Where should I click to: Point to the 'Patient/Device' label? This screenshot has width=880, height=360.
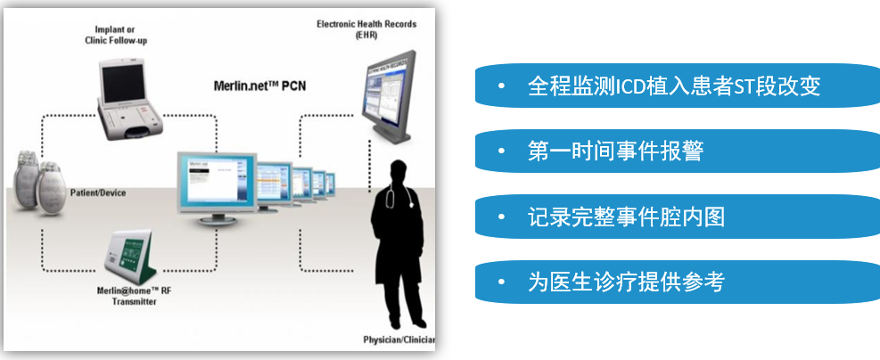(97, 192)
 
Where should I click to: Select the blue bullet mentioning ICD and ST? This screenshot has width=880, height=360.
(674, 86)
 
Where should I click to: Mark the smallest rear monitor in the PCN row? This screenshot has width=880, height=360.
(330, 182)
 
